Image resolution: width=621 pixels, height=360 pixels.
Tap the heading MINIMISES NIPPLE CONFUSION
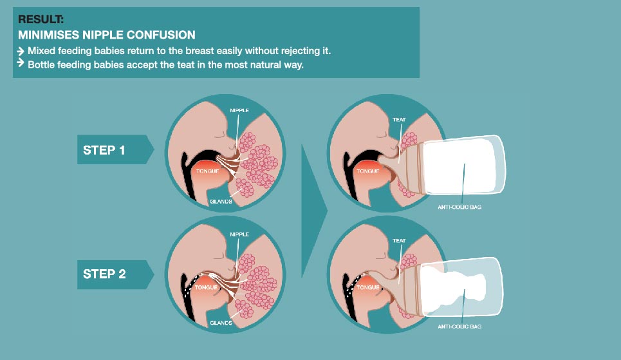pyautogui.click(x=106, y=35)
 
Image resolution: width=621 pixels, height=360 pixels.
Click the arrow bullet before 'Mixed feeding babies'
pyautogui.click(x=21, y=50)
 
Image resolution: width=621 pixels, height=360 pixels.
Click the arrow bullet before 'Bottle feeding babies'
pyautogui.click(x=21, y=64)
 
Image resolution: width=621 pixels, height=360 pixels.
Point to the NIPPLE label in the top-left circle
pyautogui.click(x=239, y=110)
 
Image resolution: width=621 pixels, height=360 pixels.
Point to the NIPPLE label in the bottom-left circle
pyautogui.click(x=239, y=235)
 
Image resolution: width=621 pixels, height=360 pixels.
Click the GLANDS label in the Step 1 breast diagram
pyautogui.click(x=221, y=202)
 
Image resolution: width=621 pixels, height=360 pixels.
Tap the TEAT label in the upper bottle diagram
pyautogui.click(x=399, y=120)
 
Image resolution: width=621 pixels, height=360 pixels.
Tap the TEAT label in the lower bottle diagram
pyautogui.click(x=399, y=241)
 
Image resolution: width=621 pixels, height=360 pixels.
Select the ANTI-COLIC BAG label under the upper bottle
pyautogui.click(x=461, y=207)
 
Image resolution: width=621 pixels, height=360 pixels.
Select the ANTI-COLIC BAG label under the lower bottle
pyautogui.click(x=461, y=327)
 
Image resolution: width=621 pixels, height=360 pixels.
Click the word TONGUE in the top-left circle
pyautogui.click(x=209, y=173)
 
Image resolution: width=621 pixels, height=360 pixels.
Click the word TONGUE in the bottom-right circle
pyautogui.click(x=368, y=288)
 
